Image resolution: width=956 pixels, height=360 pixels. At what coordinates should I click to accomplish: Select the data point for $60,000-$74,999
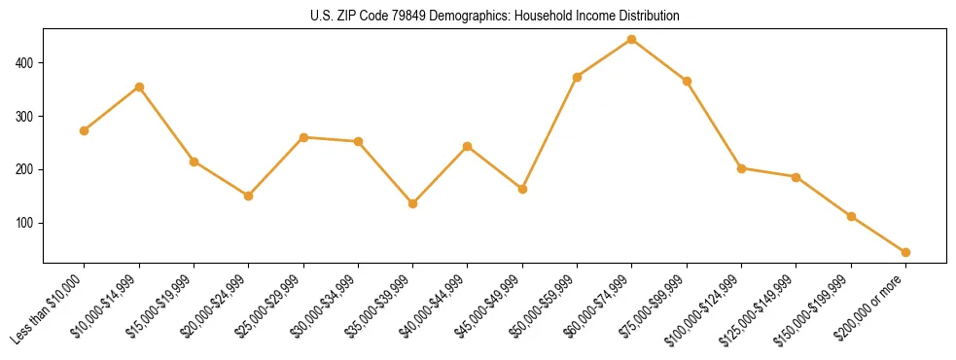tap(632, 39)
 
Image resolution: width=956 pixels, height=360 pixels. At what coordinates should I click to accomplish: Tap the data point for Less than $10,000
tap(85, 130)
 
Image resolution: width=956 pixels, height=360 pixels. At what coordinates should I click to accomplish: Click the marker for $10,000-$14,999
tap(139, 87)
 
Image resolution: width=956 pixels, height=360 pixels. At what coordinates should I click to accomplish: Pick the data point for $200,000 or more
tap(905, 252)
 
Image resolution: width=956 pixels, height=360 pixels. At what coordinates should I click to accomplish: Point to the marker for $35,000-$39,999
tap(413, 203)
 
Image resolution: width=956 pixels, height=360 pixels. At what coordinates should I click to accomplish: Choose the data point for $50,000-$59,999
tap(578, 77)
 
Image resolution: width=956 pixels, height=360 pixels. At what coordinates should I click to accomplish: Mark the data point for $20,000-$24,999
tap(249, 196)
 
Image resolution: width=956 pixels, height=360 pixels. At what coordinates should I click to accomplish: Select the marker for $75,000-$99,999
tap(687, 81)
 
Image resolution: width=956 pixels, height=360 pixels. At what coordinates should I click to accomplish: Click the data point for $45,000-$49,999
tap(522, 189)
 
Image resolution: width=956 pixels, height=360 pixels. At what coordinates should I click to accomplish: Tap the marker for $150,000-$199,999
tap(851, 216)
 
